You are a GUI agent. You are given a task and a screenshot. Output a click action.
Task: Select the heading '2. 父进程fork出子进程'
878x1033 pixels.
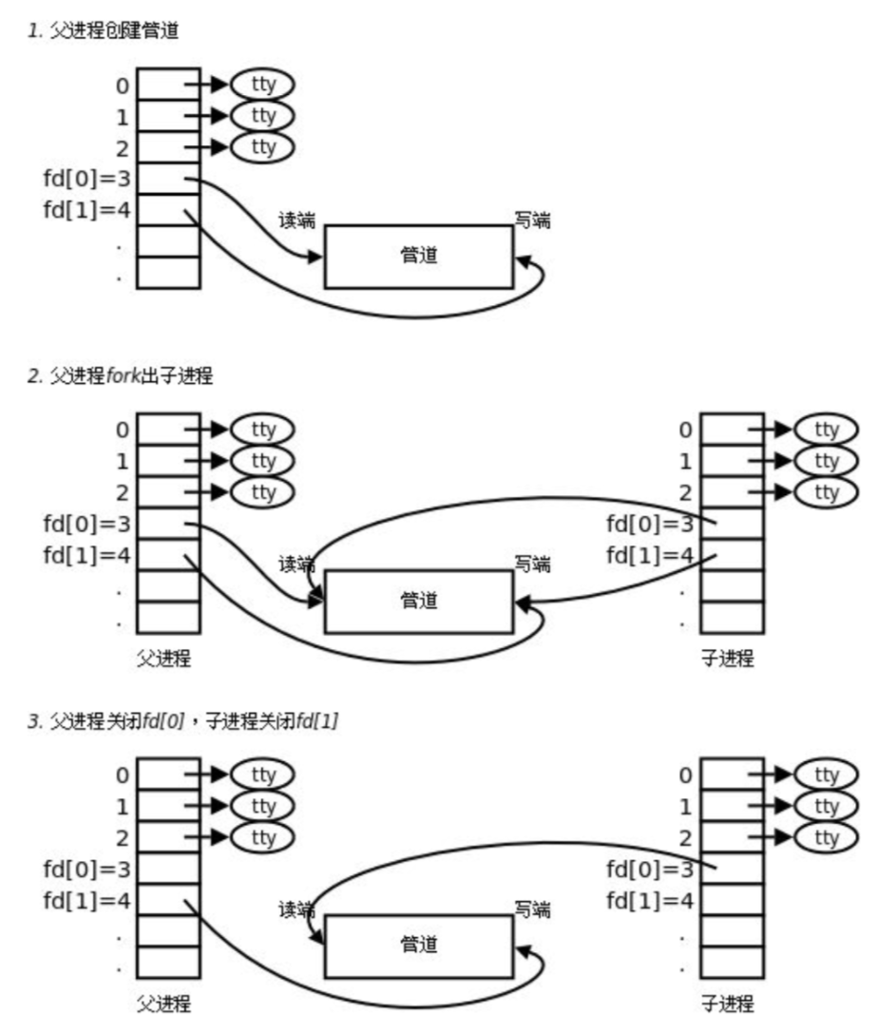120,376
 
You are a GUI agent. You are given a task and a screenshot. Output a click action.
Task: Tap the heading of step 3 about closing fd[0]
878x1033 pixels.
184,722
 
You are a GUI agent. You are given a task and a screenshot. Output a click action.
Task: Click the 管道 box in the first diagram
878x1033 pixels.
418,256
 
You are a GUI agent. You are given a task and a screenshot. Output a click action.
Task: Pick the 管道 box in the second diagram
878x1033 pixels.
418,602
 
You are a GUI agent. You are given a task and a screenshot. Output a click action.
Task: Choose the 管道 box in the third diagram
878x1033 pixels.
418,945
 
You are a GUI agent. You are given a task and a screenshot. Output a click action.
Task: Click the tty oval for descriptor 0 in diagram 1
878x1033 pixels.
263,85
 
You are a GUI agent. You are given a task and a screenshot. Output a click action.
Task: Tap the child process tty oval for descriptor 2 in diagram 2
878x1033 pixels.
827,492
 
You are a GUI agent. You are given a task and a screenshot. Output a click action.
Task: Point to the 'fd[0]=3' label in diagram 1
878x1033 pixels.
86,179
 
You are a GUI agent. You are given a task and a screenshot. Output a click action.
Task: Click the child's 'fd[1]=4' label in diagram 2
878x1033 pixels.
650,555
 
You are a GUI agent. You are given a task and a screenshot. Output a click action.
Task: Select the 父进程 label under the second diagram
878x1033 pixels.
164,659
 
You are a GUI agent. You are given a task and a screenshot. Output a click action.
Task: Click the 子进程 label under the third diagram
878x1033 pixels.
728,1004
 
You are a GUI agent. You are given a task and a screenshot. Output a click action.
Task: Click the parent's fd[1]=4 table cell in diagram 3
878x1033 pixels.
168,901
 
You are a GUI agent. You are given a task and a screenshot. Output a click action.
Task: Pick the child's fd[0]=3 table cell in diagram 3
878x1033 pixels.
732,869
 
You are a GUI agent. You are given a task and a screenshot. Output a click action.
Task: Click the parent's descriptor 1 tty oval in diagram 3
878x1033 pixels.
263,807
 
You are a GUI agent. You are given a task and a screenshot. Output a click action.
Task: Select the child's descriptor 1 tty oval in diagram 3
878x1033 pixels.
827,807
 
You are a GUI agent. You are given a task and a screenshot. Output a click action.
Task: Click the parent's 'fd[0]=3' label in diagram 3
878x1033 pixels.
86,868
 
